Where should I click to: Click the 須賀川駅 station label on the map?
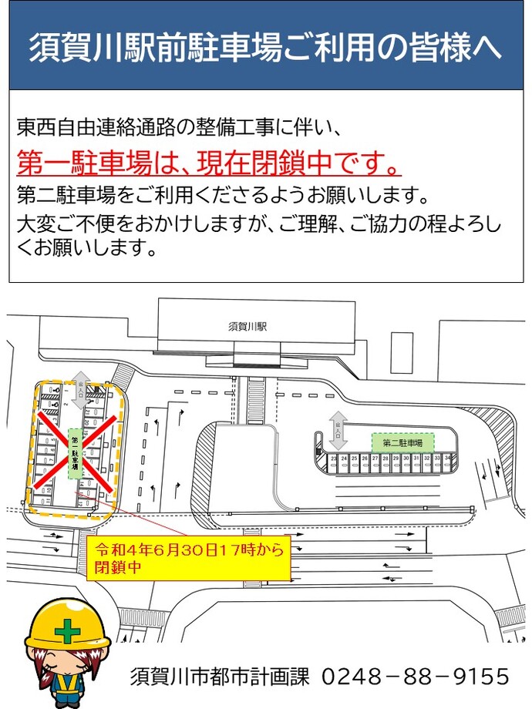coord(247,326)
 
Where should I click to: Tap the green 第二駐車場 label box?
coord(402,443)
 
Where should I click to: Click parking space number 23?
coord(333,459)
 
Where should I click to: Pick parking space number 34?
coord(448,459)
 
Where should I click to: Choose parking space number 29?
coord(396,459)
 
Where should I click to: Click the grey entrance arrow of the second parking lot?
coord(338,432)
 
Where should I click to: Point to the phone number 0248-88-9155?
coord(414,677)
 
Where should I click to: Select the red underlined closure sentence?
coord(209,163)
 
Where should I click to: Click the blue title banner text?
coord(265,48)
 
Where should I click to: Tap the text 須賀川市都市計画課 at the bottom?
coord(220,677)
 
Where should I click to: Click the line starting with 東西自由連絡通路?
coord(177,126)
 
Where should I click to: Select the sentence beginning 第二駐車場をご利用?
coord(222,192)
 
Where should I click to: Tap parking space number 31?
coord(416,459)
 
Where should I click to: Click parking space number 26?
coord(365,459)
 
